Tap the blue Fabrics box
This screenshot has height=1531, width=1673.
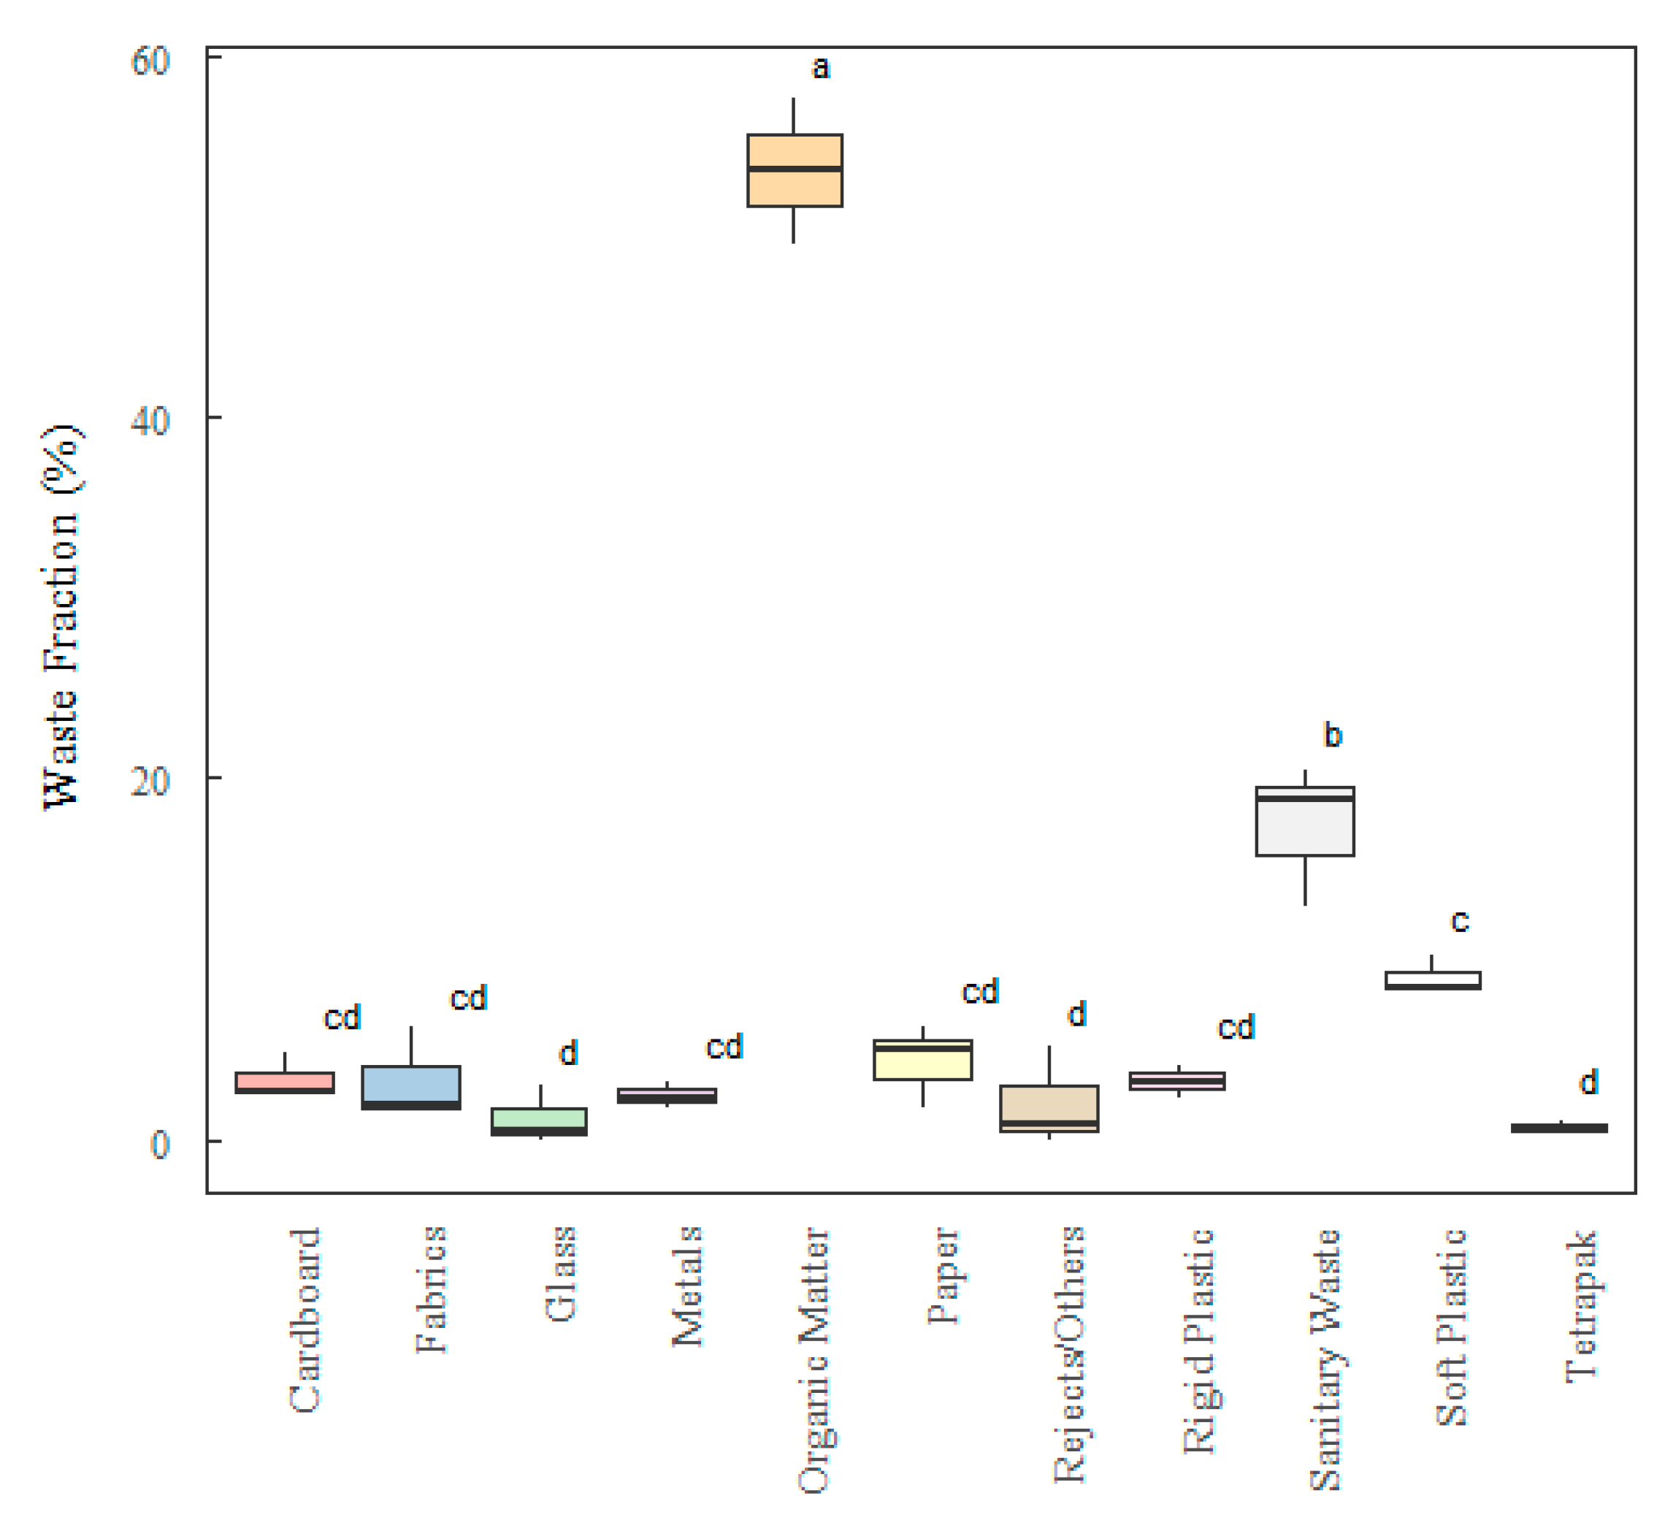pyautogui.click(x=411, y=1083)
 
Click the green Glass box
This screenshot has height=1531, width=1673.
pyautogui.click(x=540, y=1118)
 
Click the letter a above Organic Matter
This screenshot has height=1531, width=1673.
pyautogui.click(x=820, y=68)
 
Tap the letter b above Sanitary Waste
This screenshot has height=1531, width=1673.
pyautogui.click(x=1332, y=736)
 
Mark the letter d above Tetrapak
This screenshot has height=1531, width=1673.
pyautogui.click(x=1588, y=1083)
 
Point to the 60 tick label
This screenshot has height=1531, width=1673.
pyautogui.click(x=151, y=61)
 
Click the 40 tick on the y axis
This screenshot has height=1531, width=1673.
pyautogui.click(x=151, y=421)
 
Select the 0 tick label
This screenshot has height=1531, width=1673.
pyautogui.click(x=159, y=1144)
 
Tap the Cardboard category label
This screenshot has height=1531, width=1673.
pyautogui.click(x=304, y=1320)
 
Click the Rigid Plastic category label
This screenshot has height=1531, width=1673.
pyautogui.click(x=1198, y=1341)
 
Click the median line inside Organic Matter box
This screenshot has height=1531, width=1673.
pyautogui.click(x=795, y=169)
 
